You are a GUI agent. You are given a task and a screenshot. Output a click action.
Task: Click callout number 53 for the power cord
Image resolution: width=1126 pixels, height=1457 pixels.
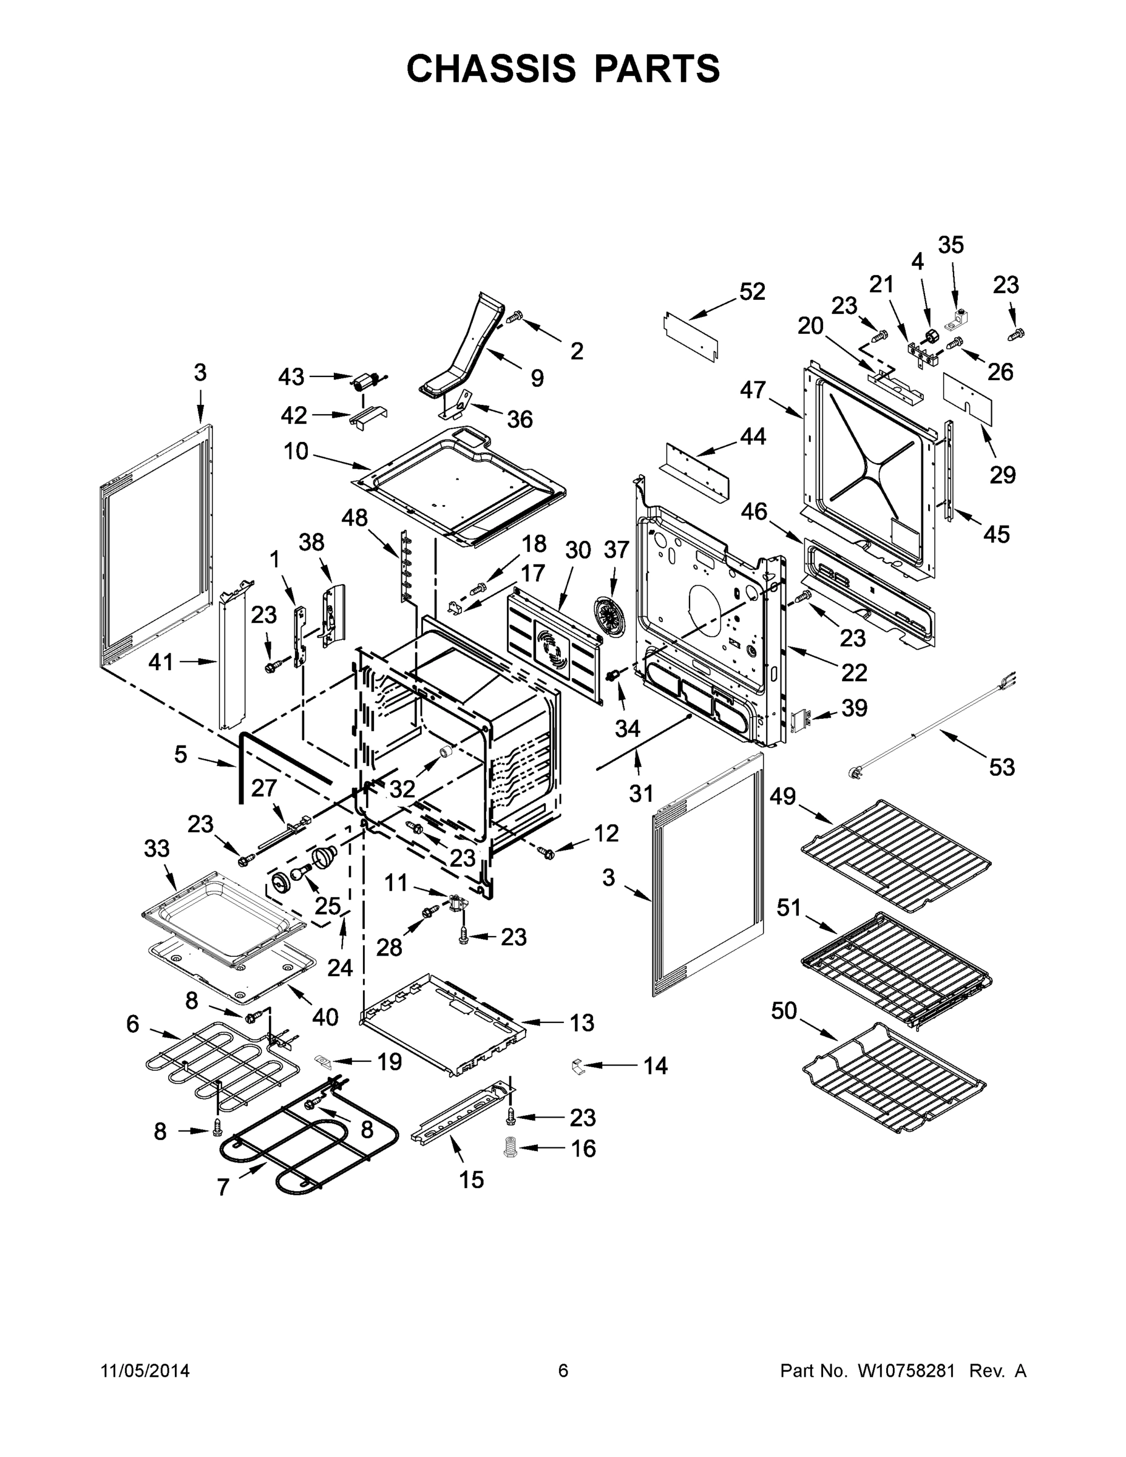pos(1002,767)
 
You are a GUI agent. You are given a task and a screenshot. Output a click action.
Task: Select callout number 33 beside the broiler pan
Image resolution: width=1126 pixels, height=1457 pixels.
pos(157,849)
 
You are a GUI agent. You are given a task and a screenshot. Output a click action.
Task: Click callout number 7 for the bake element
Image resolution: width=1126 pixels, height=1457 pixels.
pos(223,1187)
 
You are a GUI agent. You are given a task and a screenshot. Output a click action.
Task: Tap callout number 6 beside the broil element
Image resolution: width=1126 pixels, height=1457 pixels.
pos(133,1024)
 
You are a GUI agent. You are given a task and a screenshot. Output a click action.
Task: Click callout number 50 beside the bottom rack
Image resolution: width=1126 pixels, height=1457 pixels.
pos(784,1011)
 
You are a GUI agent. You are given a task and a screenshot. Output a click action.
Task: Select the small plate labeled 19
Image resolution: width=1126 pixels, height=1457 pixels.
pos(322,1060)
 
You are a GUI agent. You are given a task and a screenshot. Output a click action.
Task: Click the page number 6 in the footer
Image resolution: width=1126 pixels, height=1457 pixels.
pos(563,1371)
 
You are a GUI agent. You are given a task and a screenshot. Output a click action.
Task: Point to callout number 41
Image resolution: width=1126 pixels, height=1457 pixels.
pos(160,662)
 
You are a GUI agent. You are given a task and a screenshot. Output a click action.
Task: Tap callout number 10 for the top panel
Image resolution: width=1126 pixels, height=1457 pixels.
pos(296,452)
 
